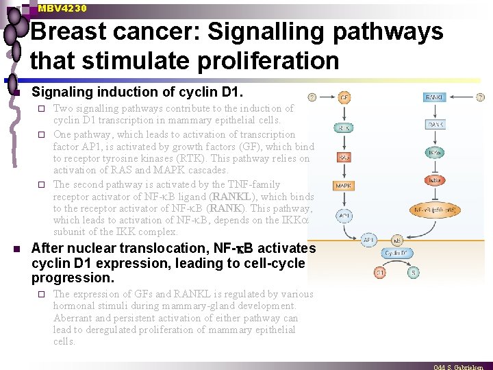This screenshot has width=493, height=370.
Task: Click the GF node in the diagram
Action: click(345, 98)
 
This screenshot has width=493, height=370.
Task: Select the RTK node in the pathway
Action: click(344, 127)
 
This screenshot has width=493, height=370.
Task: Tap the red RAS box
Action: click(344, 157)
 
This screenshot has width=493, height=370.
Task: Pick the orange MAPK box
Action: click(344, 186)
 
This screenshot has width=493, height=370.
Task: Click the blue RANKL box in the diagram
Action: click(434, 98)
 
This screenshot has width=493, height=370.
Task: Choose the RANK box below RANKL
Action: click(434, 124)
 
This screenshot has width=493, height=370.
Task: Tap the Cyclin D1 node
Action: click(396, 253)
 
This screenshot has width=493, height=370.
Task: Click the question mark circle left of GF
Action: click(312, 97)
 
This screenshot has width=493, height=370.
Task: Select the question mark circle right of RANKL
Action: click(481, 97)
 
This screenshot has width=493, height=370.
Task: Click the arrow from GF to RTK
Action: click(344, 112)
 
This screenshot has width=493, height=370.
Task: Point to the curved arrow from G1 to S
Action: click(396, 269)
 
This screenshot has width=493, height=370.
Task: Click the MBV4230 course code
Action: click(62, 8)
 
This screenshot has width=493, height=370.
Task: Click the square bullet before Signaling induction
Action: click(18, 92)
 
